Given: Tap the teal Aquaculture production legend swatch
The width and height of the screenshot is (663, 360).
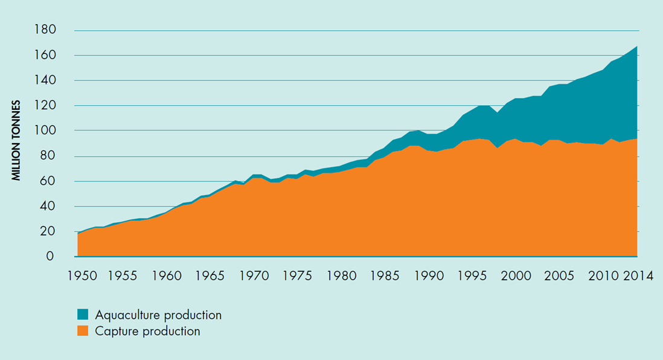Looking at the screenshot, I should click(x=83, y=315).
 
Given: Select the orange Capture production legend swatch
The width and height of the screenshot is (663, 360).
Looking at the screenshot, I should click(x=83, y=331).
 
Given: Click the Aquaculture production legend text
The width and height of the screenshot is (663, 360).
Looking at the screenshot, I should click(x=158, y=315).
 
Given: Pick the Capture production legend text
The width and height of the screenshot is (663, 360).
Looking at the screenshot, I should click(x=147, y=331).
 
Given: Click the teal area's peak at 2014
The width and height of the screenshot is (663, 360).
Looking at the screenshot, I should click(x=636, y=47).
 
